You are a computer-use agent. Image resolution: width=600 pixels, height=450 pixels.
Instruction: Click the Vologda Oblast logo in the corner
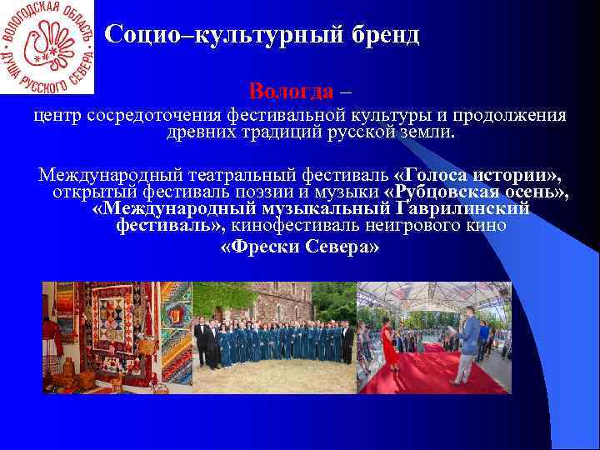(x=47, y=47)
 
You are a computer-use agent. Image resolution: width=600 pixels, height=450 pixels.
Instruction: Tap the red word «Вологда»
(x=291, y=90)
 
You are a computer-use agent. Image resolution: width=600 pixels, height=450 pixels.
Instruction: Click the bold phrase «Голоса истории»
(x=476, y=175)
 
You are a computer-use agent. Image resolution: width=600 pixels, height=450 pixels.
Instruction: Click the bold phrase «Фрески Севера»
(x=300, y=247)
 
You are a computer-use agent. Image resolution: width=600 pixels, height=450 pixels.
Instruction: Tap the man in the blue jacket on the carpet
(x=468, y=342)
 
